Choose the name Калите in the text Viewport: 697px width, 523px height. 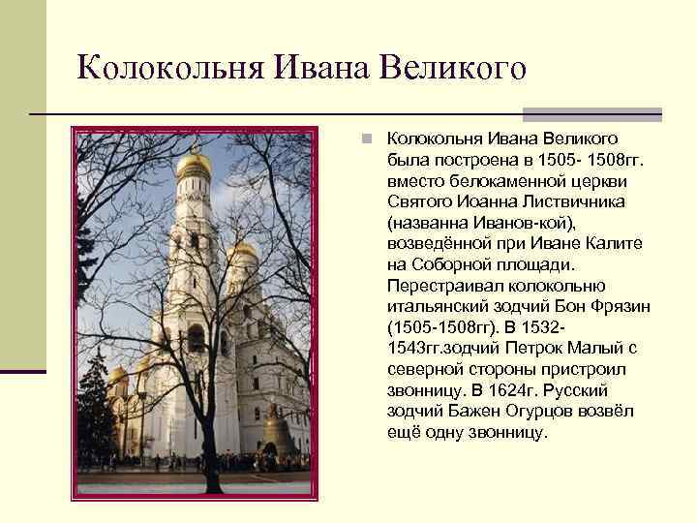point(610,243)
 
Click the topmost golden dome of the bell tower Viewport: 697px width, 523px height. point(194,165)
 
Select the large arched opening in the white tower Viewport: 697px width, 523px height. point(195,338)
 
